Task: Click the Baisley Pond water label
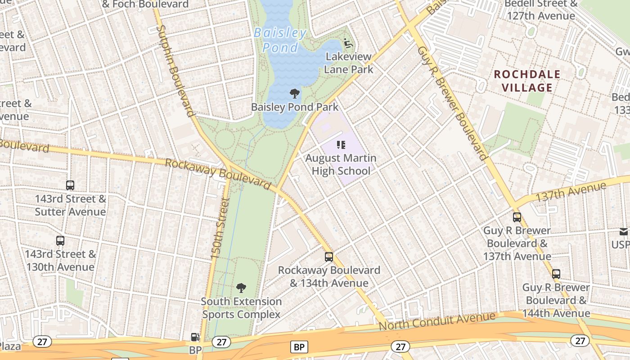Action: (x=279, y=40)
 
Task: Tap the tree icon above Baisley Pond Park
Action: (x=295, y=94)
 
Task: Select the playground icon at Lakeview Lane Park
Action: (x=348, y=43)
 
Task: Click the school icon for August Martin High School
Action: (x=341, y=145)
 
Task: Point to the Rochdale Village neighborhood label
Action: (x=527, y=81)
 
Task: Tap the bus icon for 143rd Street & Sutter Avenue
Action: (x=70, y=185)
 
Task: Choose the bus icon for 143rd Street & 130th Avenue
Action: (x=60, y=240)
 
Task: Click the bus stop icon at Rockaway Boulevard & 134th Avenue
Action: (x=329, y=257)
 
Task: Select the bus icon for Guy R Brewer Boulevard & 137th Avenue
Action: (x=517, y=217)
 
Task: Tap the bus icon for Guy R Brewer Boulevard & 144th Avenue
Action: (x=556, y=274)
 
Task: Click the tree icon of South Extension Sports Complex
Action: (x=241, y=288)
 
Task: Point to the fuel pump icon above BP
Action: (x=195, y=337)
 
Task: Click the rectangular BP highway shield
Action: (x=299, y=347)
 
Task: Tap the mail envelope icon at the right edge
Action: (x=624, y=232)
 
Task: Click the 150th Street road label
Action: (x=220, y=229)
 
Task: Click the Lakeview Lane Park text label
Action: (x=349, y=63)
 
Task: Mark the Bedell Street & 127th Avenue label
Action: (x=540, y=9)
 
